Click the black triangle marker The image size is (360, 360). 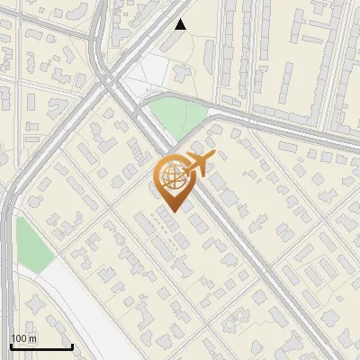[x=181, y=24]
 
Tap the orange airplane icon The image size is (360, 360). [x=200, y=163]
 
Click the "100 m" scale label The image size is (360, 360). [x=24, y=338]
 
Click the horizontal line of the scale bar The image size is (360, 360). [x=41, y=346]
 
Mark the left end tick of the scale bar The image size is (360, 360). [x=11, y=345]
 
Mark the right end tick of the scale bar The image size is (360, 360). [x=72, y=345]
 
